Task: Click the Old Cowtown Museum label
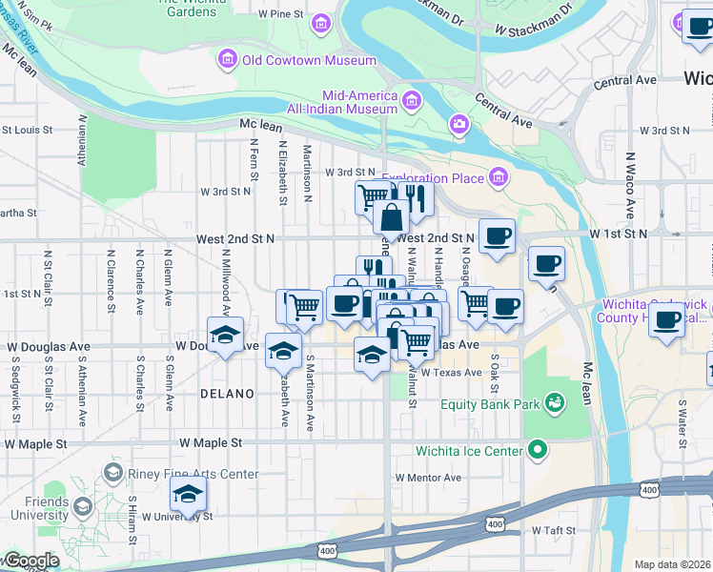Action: click(x=309, y=60)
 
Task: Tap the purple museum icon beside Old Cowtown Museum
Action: click(x=228, y=60)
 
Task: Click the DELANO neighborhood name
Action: click(x=227, y=394)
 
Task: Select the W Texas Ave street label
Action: click(x=452, y=373)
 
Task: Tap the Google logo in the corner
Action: click(x=31, y=561)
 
